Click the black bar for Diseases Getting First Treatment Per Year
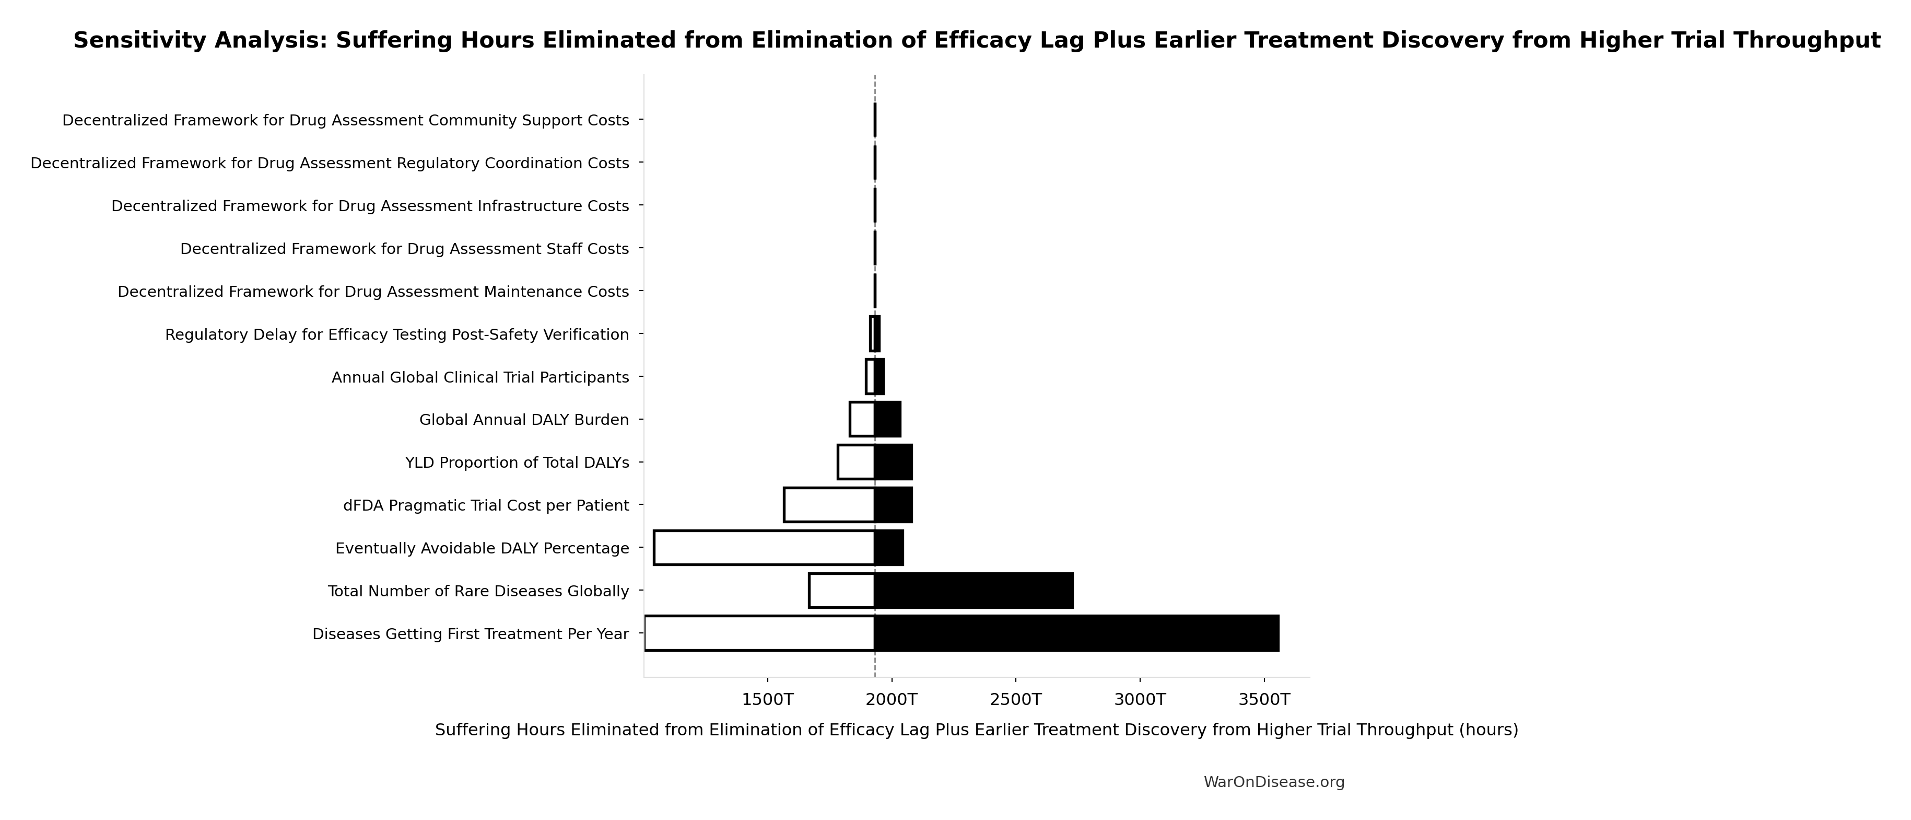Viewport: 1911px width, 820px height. click(x=1076, y=633)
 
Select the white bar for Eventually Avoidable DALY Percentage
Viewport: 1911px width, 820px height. click(x=764, y=548)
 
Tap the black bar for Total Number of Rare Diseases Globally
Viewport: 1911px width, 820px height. click(x=974, y=591)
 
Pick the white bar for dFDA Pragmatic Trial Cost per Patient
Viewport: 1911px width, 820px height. click(x=829, y=505)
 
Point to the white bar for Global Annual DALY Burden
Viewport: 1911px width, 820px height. click(x=862, y=419)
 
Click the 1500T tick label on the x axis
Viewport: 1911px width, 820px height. click(x=768, y=699)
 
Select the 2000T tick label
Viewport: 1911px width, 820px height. click(x=892, y=699)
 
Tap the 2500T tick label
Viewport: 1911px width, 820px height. click(x=1016, y=699)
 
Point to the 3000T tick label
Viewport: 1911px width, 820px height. click(x=1140, y=699)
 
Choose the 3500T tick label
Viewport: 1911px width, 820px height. click(x=1264, y=699)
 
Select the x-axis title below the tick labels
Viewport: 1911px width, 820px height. click(x=976, y=730)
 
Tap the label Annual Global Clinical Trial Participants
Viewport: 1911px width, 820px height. click(x=480, y=377)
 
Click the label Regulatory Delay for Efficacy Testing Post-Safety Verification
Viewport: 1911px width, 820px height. click(x=397, y=334)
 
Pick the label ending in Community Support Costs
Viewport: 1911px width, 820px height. click(x=346, y=120)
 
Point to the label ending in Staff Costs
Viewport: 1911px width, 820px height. click(x=404, y=249)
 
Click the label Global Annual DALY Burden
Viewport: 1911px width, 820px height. click(x=524, y=420)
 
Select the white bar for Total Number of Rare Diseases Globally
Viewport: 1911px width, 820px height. click(x=841, y=591)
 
